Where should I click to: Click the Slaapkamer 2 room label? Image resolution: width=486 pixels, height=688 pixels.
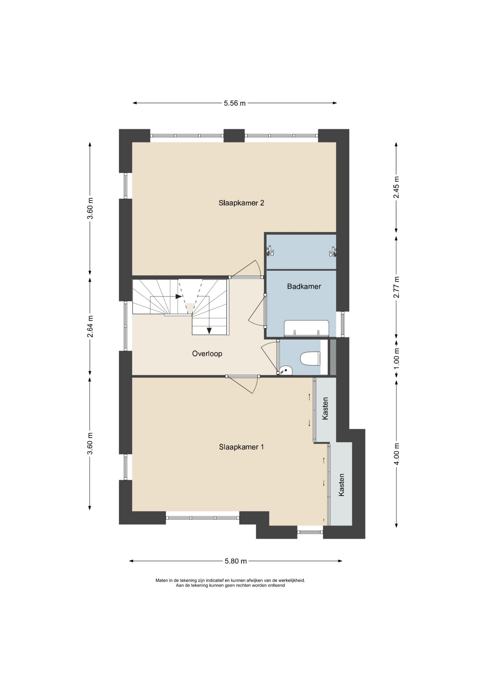[241, 203]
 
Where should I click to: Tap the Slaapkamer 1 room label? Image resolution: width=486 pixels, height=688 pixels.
[241, 447]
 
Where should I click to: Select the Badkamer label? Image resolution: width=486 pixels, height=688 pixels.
[304, 287]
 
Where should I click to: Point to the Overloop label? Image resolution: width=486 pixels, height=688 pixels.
[207, 354]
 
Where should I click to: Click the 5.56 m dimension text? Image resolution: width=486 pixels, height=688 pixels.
[235, 103]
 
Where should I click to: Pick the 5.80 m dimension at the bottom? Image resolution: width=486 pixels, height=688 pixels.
[236, 561]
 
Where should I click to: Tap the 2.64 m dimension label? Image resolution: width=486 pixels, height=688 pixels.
[90, 326]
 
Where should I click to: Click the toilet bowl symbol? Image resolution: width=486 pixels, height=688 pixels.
[310, 359]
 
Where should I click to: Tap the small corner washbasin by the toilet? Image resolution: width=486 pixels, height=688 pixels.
[286, 371]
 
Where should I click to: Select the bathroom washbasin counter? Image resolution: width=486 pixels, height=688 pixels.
[306, 328]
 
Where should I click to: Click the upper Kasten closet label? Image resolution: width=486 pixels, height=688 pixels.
[325, 409]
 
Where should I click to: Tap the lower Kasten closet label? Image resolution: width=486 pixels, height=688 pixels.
[341, 485]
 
